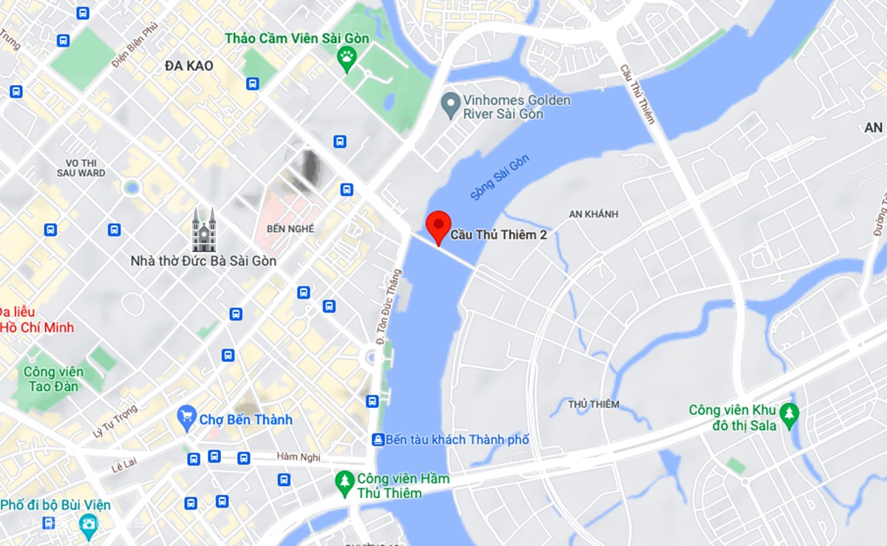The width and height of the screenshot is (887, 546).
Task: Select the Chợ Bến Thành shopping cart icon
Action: click(187, 420)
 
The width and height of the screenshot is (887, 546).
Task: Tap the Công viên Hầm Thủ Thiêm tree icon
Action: click(344, 485)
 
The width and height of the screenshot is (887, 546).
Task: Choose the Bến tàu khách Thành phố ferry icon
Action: click(378, 440)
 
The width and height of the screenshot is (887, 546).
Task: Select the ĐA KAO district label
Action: click(189, 66)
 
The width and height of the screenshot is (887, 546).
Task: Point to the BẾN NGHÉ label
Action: click(290, 229)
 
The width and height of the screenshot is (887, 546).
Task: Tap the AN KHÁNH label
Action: click(594, 214)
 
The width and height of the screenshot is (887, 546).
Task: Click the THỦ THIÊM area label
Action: click(594, 404)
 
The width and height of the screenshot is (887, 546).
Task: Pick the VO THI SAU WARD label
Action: click(81, 168)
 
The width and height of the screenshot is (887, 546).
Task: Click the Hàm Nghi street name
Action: click(297, 457)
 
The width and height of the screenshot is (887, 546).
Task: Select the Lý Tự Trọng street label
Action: click(116, 421)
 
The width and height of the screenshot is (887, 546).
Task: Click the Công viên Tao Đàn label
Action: click(54, 378)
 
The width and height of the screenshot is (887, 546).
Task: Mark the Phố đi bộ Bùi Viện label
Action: click(55, 505)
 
